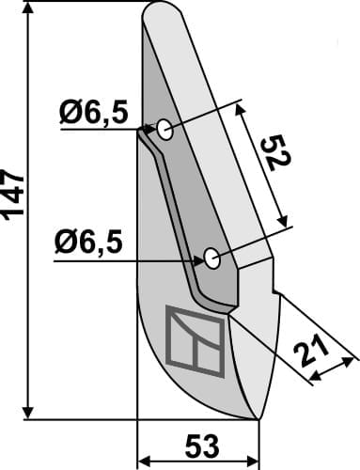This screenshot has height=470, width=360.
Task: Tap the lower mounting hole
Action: [211, 256]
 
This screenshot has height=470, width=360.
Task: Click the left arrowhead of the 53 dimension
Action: [143, 461]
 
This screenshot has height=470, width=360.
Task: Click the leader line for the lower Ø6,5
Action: [132, 262]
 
